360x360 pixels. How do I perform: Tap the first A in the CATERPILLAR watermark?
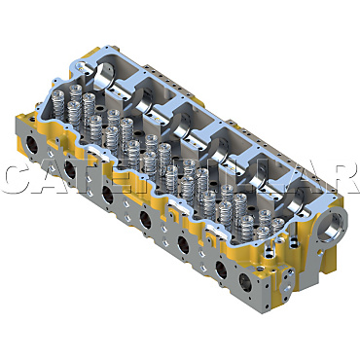tap(54, 178)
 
